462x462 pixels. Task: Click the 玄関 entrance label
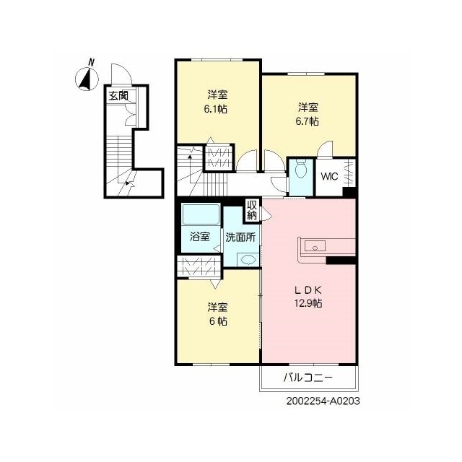coord(118,96)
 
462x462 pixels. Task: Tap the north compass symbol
coord(87,79)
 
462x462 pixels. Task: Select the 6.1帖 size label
coord(215,109)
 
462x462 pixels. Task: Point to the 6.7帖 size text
coord(307,121)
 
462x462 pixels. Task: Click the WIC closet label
coord(329,176)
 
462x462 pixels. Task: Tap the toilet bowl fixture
coord(300,169)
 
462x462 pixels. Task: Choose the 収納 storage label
coord(252,210)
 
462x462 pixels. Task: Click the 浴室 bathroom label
coord(199,237)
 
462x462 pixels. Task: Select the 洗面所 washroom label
coord(240,237)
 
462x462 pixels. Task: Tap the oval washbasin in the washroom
coord(248,259)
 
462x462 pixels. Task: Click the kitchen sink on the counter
coord(315,245)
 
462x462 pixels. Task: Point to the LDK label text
coord(308,290)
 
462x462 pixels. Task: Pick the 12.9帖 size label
coord(308,303)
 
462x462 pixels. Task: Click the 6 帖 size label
coord(218,321)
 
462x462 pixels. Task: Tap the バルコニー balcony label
coord(308,378)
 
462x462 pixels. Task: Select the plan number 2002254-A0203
coord(323,401)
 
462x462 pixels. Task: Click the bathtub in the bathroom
coord(201,214)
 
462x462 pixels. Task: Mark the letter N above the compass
coord(92,63)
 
